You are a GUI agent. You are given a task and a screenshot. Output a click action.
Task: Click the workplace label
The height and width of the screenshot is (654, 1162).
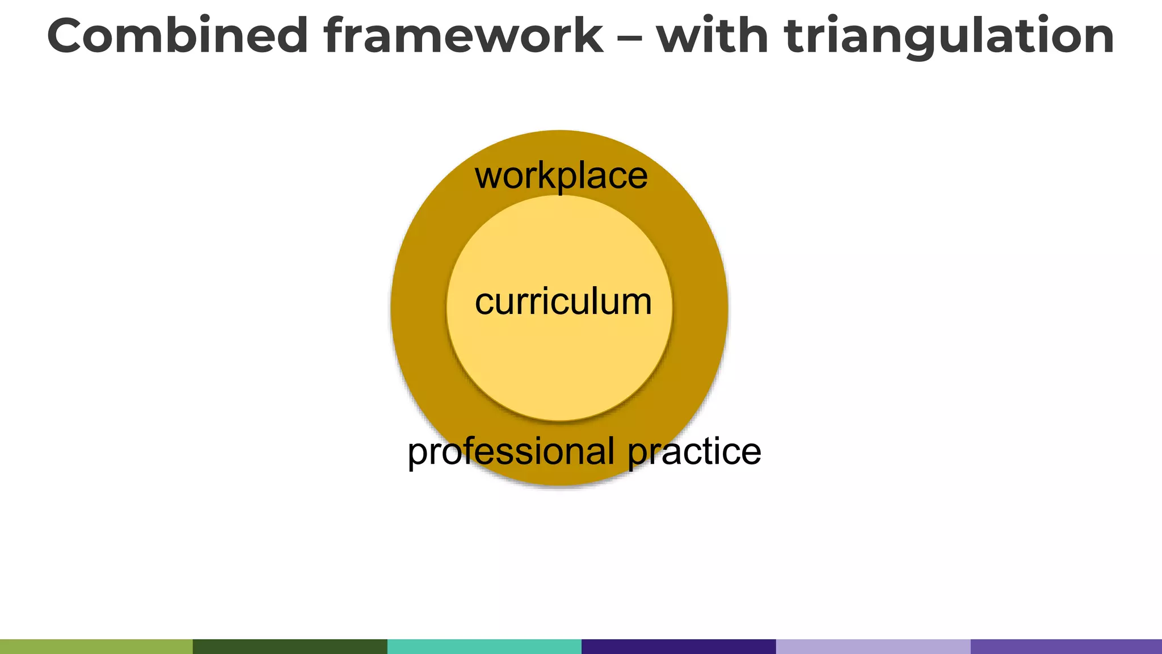[x=561, y=176]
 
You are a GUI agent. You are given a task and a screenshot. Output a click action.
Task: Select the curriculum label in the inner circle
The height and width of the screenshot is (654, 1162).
[x=563, y=301]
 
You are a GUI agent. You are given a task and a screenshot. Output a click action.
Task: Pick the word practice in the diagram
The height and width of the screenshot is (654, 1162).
[x=694, y=452]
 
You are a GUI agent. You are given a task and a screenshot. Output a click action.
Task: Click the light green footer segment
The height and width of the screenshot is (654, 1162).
[x=96, y=646]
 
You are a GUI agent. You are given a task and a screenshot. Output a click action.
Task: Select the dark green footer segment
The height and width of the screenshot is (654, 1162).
[x=290, y=646]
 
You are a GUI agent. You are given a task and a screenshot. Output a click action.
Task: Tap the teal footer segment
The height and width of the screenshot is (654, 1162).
[x=484, y=646]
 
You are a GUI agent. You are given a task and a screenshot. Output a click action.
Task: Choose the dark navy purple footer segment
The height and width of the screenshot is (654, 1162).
[x=678, y=646]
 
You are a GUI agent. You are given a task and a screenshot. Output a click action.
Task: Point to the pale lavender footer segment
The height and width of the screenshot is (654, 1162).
[x=873, y=646]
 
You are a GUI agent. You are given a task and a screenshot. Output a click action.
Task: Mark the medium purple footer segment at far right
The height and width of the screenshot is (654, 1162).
[x=1066, y=646]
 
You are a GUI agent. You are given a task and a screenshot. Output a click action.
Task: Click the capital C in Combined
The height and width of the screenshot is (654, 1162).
[x=70, y=35]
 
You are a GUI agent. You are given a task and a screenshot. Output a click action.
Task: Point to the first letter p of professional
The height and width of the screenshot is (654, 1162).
[x=418, y=454]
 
